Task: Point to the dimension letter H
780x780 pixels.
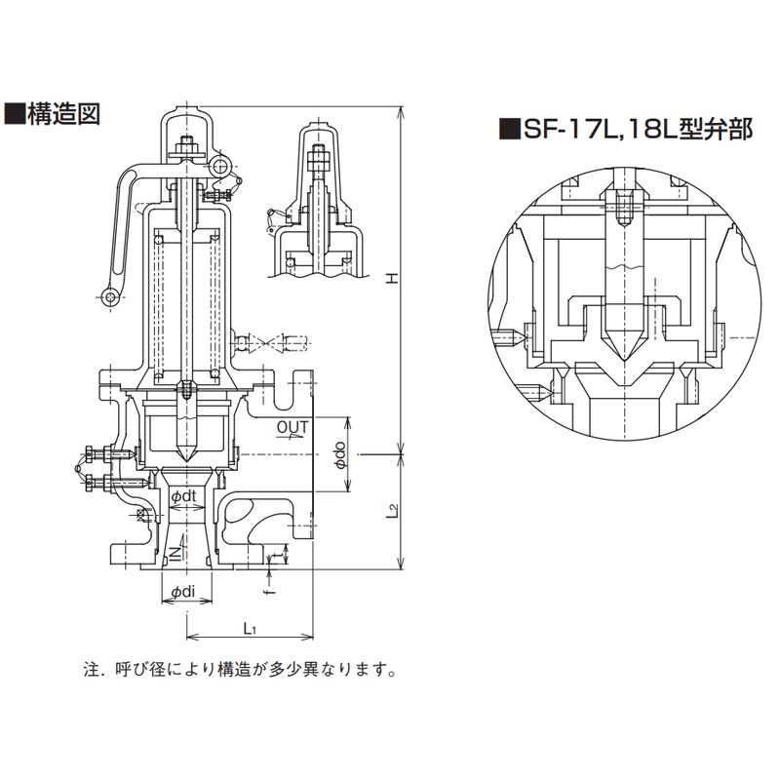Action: point(391,279)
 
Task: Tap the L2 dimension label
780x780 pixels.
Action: point(391,510)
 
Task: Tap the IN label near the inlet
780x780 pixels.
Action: point(174,553)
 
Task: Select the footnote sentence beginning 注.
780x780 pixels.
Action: point(239,671)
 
